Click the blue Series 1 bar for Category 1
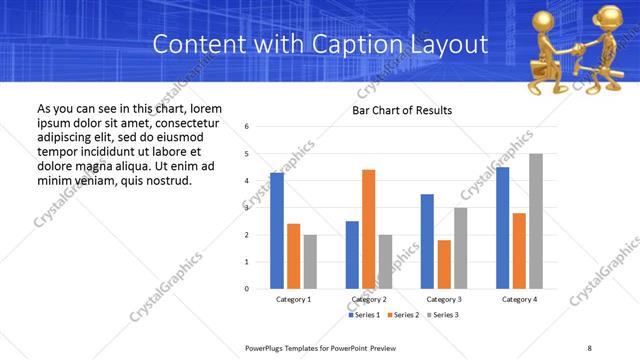pyautogui.click(x=277, y=231)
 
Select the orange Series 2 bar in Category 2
pyautogui.click(x=368, y=229)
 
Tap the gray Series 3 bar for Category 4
pyautogui.click(x=536, y=221)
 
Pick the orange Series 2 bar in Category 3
pyautogui.click(x=444, y=264)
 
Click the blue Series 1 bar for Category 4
pyautogui.click(x=502, y=228)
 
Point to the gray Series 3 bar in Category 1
pyautogui.click(x=310, y=262)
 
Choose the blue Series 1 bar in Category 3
pyautogui.click(x=427, y=241)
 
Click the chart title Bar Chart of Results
pyautogui.click(x=402, y=110)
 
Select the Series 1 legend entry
pyautogui.click(x=363, y=315)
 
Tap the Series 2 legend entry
pyautogui.click(x=402, y=315)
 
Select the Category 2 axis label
pyautogui.click(x=369, y=299)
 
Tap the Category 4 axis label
pyautogui.click(x=519, y=299)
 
